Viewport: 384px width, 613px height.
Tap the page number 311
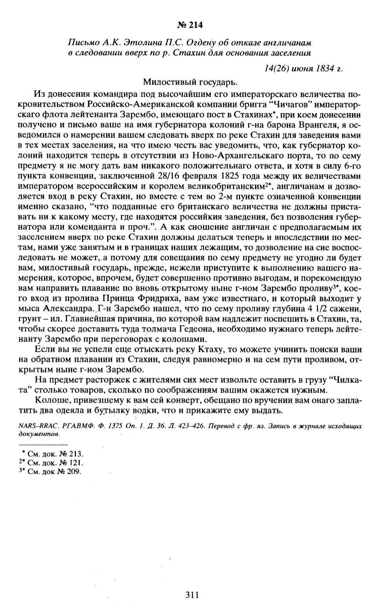192,595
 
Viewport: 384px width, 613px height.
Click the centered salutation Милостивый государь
190,82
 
